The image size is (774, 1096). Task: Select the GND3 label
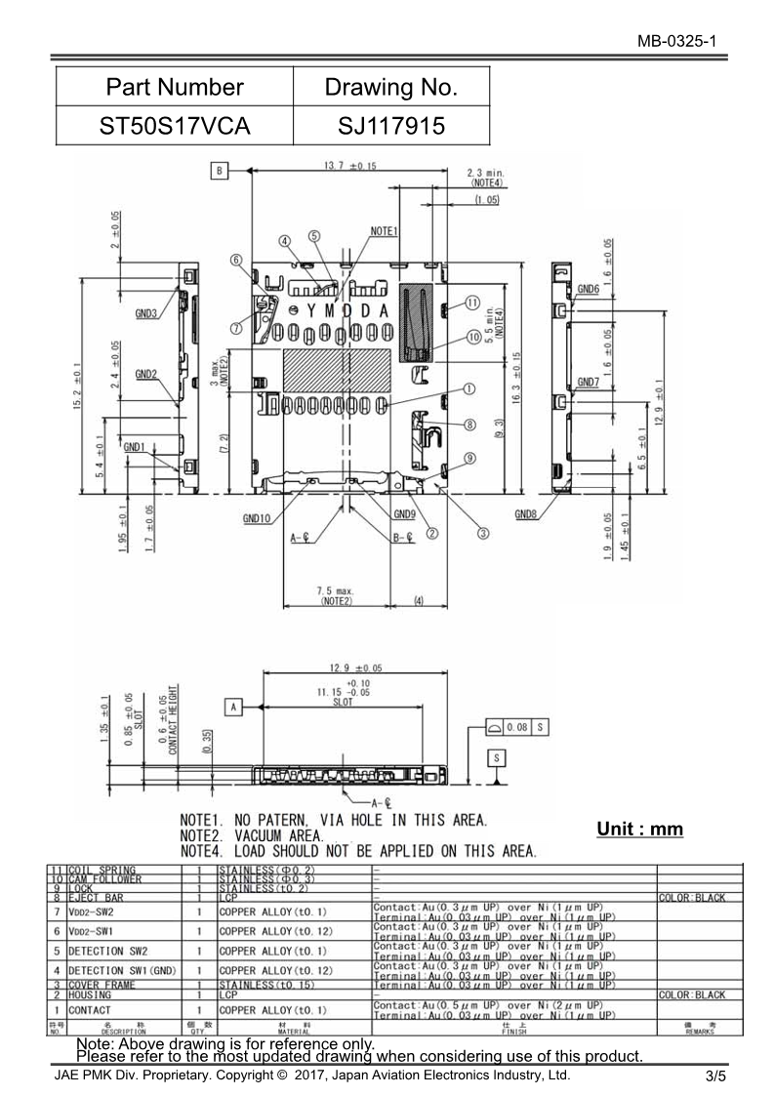pos(144,314)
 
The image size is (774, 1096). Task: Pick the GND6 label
pos(588,289)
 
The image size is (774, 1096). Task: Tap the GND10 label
pos(257,519)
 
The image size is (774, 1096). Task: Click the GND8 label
pos(526,514)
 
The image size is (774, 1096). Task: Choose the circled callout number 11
pos(472,304)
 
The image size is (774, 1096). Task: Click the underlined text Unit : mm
pos(639,830)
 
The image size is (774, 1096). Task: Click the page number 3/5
pos(715,1077)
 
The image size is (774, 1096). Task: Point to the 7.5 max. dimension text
pos(335,591)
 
